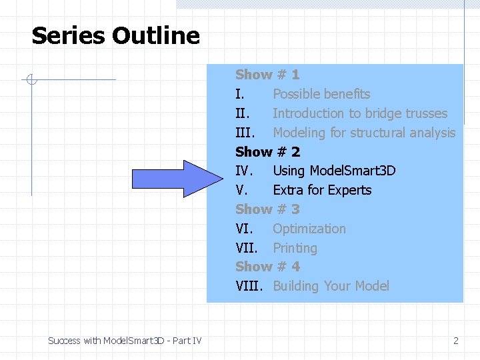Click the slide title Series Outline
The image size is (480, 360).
(115, 35)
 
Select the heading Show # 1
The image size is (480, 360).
(267, 75)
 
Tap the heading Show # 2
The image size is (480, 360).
(267, 152)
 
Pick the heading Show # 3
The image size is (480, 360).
(267, 209)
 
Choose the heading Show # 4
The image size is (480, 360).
(267, 267)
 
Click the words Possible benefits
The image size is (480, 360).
(321, 94)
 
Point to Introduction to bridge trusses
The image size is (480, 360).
(360, 113)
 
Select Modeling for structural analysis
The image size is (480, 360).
(364, 133)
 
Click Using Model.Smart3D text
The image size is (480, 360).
(334, 171)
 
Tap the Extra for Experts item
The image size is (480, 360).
(322, 190)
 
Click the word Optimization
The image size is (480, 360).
(309, 229)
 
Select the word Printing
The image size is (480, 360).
(295, 248)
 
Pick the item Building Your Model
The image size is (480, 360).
(331, 286)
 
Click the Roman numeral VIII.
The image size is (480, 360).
(249, 286)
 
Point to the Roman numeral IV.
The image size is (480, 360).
(244, 171)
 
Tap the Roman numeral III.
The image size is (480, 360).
(246, 133)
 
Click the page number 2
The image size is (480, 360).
(456, 341)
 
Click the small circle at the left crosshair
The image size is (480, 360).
(31, 81)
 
